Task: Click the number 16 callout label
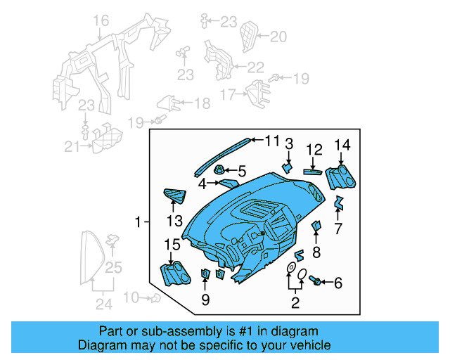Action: point(102,21)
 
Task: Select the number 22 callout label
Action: point(255,67)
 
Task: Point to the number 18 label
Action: point(201,104)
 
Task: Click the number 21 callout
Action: point(72,146)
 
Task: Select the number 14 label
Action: point(342,146)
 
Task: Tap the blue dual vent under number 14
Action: point(339,177)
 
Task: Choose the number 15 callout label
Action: point(172,245)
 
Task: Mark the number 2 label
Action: point(295,303)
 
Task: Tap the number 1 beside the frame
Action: point(139,223)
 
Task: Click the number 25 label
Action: point(114,268)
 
